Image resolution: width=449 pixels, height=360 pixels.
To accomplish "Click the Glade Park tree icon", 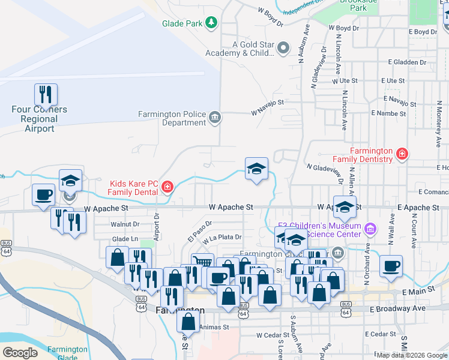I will (x=211, y=23).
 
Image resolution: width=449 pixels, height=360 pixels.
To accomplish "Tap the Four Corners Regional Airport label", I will (x=40, y=119).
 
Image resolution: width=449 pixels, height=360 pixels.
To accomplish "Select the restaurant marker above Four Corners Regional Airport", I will (x=46, y=94).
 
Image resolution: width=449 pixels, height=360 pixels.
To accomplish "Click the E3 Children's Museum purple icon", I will (x=370, y=229).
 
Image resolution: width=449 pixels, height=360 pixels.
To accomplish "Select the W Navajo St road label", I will (x=267, y=108).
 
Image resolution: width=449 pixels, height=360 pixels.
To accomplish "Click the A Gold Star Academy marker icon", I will (x=284, y=48).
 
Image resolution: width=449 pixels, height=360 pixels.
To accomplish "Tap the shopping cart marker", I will (x=202, y=263).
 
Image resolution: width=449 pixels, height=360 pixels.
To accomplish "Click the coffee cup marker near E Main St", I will (x=391, y=266).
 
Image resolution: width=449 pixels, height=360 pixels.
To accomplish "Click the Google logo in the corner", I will (x=20, y=353).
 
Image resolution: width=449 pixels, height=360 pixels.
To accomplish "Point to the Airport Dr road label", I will (x=155, y=224).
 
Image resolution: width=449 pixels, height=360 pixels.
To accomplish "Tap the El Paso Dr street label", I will (x=196, y=228).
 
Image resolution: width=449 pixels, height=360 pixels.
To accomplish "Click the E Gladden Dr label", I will (x=407, y=62).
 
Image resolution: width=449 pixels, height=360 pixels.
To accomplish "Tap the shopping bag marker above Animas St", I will (x=188, y=321).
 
